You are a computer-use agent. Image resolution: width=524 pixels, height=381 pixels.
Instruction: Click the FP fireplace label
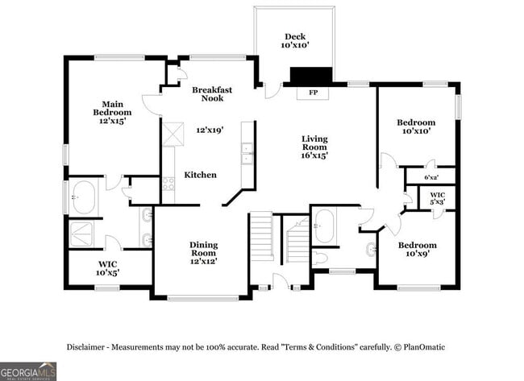tap(313, 93)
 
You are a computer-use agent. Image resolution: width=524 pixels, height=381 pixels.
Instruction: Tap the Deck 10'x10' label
tap(295, 41)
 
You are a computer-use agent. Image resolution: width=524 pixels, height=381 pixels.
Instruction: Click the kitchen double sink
tap(247, 153)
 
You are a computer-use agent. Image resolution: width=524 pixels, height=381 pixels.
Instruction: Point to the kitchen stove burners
tap(168, 184)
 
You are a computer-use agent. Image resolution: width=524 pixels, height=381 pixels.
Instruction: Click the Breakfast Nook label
tap(212, 93)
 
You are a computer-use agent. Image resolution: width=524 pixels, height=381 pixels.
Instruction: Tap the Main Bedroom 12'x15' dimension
tap(112, 121)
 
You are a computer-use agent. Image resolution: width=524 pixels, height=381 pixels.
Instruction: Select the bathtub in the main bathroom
tap(84, 197)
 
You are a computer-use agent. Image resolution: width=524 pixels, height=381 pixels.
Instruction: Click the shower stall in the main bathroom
tap(81, 234)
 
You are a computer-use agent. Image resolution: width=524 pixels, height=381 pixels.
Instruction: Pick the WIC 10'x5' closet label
tap(107, 269)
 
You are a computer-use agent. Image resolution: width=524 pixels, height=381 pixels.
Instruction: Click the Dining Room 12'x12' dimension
tap(204, 261)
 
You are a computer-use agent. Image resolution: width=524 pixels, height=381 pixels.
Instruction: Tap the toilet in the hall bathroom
tap(320, 259)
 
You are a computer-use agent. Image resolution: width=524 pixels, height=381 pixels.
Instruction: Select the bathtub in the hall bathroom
tap(325, 226)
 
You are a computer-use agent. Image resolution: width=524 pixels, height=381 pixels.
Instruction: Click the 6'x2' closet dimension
tap(431, 178)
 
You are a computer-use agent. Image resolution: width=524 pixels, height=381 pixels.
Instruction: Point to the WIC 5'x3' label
tap(438, 198)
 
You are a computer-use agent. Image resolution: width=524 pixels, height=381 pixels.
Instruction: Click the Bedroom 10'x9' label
tap(418, 250)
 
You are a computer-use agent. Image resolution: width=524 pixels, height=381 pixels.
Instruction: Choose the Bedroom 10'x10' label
tap(416, 126)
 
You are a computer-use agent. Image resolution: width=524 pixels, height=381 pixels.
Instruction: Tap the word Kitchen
tap(201, 175)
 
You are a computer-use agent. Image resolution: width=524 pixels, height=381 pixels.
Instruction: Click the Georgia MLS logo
tap(28, 371)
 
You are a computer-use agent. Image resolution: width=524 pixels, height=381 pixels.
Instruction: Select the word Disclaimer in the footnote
tap(85, 347)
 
